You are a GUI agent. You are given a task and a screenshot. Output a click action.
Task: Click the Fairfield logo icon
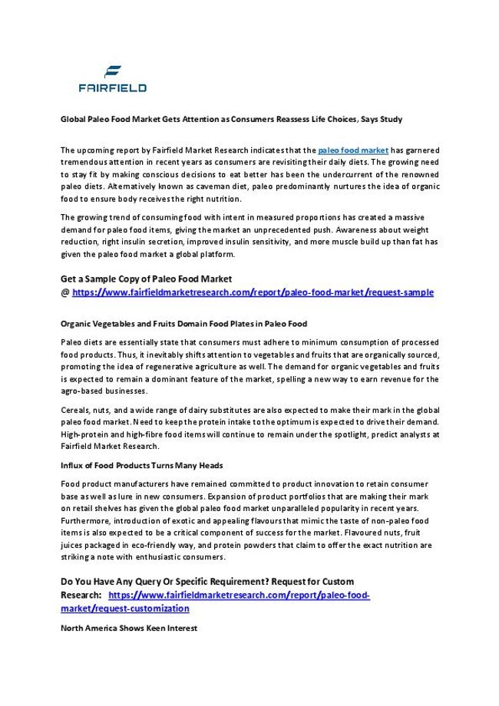113,73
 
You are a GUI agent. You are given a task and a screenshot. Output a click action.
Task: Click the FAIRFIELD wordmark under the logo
112,88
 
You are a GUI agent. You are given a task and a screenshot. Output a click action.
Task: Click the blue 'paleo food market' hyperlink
353,150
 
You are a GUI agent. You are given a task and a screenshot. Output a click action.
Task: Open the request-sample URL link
253,292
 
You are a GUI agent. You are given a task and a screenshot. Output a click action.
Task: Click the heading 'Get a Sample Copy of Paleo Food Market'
146,279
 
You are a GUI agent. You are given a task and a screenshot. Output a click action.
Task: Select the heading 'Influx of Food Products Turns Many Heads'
141,465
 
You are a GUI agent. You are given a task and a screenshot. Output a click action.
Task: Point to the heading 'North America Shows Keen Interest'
129,628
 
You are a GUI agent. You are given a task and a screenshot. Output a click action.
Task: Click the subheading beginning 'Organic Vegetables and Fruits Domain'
183,324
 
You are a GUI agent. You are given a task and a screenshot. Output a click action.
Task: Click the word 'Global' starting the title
72,120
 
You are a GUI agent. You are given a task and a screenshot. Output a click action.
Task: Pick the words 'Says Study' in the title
383,120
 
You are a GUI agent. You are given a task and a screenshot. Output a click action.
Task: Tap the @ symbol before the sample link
64,292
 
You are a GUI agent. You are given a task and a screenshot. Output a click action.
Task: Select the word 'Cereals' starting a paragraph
74,410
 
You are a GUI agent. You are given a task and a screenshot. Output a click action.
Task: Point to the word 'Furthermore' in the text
85,520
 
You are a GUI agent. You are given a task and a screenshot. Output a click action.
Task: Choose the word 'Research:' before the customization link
81,595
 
